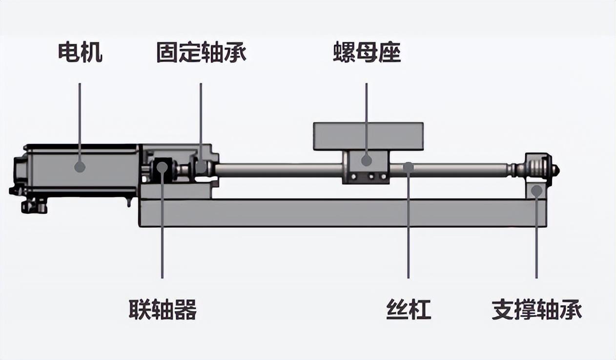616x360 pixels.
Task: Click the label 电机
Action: [80, 52]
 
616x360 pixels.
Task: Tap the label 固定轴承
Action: [201, 52]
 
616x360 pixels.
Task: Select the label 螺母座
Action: [367, 52]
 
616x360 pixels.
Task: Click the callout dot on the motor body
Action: [80, 167]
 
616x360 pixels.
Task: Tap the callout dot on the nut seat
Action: [367, 160]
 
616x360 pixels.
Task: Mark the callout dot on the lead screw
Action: [409, 167]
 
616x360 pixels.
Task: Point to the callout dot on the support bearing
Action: [536, 190]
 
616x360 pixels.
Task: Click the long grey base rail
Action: [342, 213]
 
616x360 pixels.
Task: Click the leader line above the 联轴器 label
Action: [163, 234]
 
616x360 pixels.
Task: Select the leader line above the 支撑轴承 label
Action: [536, 239]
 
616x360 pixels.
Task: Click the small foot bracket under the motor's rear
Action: [34, 207]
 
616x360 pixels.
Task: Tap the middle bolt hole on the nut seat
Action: [370, 176]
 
